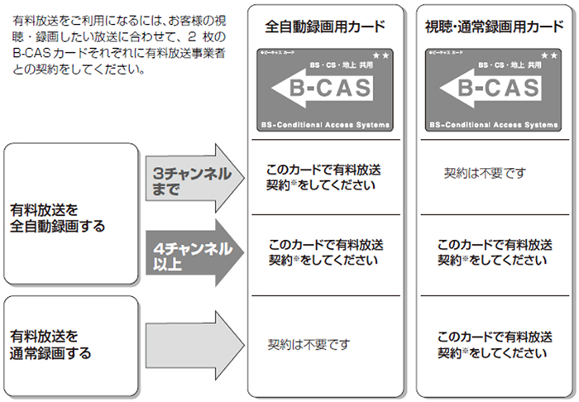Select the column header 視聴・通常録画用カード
(493, 26)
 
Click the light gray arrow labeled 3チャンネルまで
(194, 179)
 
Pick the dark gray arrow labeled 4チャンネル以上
(194, 253)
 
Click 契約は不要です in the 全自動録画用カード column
(309, 342)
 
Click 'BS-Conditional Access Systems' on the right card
(493, 124)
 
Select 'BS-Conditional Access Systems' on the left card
(324, 124)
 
